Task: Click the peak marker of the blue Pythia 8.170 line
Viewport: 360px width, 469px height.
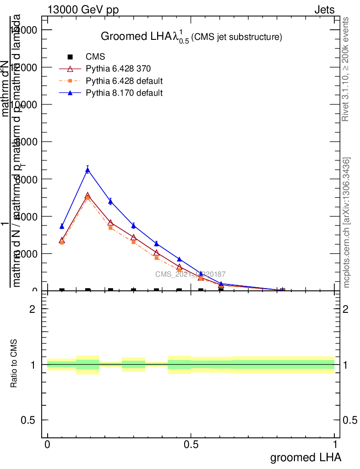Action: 87,170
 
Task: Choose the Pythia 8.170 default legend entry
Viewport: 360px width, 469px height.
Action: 124,93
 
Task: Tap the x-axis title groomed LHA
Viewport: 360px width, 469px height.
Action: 305,457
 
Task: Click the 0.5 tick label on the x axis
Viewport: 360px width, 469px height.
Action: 191,444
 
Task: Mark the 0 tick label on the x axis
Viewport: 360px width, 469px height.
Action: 47,444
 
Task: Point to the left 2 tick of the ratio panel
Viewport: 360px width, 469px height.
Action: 33,309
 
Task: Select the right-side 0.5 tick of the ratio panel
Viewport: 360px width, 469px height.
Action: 350,420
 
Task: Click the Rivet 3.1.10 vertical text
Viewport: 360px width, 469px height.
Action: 346,69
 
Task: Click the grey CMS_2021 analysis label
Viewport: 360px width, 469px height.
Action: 190,274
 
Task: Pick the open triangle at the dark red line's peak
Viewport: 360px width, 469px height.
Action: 87,196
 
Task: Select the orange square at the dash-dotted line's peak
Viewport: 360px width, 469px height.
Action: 87,198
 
